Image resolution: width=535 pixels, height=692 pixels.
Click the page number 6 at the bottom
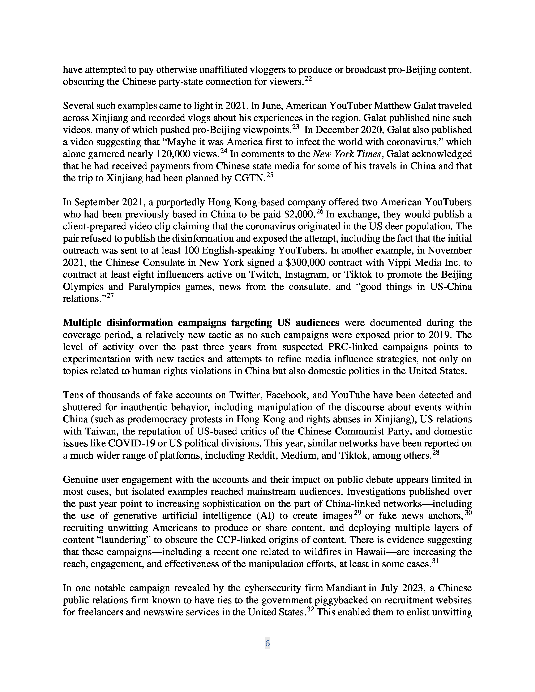tap(267, 643)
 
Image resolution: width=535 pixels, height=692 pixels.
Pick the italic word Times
tap(369, 154)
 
